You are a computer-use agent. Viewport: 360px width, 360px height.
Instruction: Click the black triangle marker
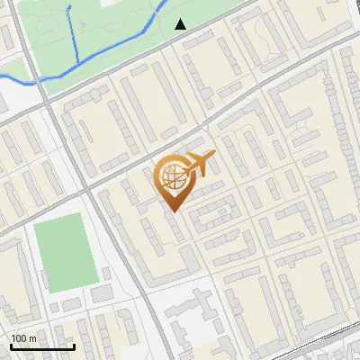[181, 23]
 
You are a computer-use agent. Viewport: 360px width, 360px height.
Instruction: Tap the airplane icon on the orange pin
[198, 165]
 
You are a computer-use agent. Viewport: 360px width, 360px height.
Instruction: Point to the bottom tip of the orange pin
[172, 211]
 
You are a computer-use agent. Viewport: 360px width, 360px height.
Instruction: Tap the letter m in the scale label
[35, 338]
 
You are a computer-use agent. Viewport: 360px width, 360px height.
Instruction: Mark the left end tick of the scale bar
[11, 346]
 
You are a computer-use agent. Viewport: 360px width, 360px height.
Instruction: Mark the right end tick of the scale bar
[74, 346]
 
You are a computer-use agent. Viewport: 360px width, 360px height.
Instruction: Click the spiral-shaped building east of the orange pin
[215, 214]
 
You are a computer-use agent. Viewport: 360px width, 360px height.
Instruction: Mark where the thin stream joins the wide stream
[78, 61]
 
